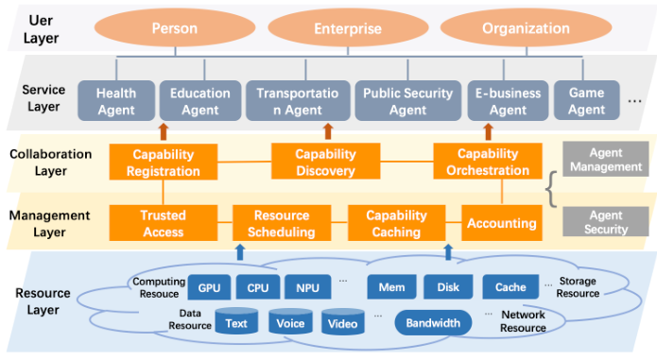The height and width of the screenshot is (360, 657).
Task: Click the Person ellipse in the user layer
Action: coord(175,28)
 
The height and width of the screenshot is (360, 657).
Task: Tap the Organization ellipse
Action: coord(512,28)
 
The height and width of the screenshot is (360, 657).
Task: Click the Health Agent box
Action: coord(115,102)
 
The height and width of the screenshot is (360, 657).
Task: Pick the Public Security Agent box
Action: coord(408,102)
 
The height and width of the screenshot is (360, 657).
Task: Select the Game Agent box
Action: coord(586,102)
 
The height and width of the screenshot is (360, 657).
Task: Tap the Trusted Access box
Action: coord(163,223)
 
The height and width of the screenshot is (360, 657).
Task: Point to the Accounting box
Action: coord(502,224)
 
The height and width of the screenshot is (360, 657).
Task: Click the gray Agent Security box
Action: coord(605,222)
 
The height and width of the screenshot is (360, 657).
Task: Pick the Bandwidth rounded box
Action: coord(433,323)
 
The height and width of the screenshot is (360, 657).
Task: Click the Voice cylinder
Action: coord(289,323)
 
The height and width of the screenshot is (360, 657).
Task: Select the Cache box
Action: coord(510,286)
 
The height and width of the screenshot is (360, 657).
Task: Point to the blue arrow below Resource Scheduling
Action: coord(239,251)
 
